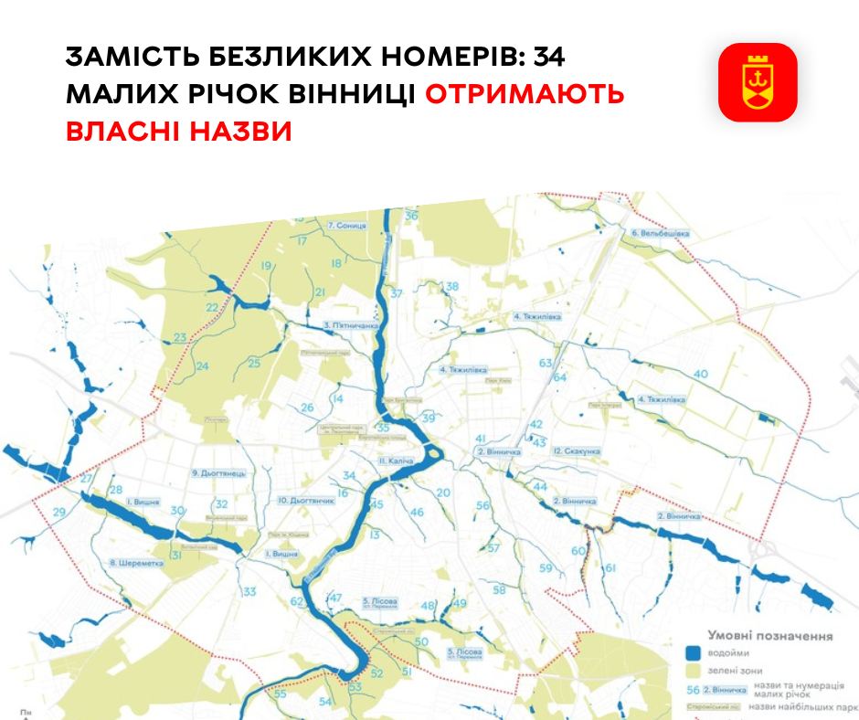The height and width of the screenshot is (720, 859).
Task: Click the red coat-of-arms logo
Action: point(758,82)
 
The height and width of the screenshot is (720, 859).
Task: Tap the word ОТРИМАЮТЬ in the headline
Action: point(525,95)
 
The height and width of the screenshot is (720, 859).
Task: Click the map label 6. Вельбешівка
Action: point(659,233)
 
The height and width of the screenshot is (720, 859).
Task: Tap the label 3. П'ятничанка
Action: point(351,324)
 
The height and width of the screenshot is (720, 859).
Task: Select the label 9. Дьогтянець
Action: point(218,473)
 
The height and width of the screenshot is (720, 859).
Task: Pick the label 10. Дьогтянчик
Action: point(308,501)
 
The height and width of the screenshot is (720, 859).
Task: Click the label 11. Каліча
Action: point(397,461)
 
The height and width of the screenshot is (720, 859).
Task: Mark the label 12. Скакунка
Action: point(576,451)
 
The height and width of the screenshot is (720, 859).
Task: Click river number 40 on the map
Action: point(701,374)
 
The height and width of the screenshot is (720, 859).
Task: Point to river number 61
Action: point(610,569)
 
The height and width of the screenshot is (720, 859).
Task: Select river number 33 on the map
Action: point(249,592)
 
